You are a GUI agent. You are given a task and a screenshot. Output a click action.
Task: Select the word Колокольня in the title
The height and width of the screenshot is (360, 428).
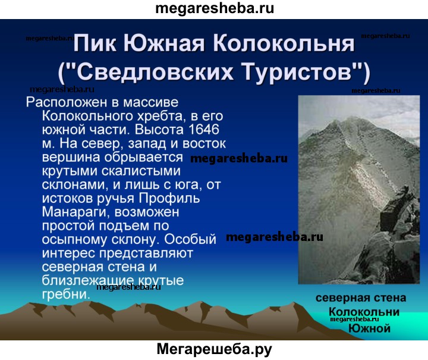[284, 43]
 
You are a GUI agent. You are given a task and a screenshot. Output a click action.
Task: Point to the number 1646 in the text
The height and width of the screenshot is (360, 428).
[204, 129]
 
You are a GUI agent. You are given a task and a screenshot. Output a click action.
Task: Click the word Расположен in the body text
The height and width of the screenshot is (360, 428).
[67, 103]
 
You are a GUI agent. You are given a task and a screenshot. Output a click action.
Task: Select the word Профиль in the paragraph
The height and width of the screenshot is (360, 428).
[169, 198]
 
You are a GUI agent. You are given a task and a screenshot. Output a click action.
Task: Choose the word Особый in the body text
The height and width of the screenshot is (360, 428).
[190, 239]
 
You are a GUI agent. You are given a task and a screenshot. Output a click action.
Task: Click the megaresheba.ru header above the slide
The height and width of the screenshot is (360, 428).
[215, 8]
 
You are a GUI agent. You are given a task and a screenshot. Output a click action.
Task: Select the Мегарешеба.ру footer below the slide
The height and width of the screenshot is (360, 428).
[214, 350]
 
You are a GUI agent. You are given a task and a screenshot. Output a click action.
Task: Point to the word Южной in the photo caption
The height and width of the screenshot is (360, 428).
[369, 328]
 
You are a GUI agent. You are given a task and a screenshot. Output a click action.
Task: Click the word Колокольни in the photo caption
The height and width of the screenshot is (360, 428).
[364, 312]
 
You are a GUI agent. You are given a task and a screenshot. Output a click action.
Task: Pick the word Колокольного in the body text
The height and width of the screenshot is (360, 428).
[87, 117]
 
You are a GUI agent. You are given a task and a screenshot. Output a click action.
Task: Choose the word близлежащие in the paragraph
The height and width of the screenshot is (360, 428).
[87, 280]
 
